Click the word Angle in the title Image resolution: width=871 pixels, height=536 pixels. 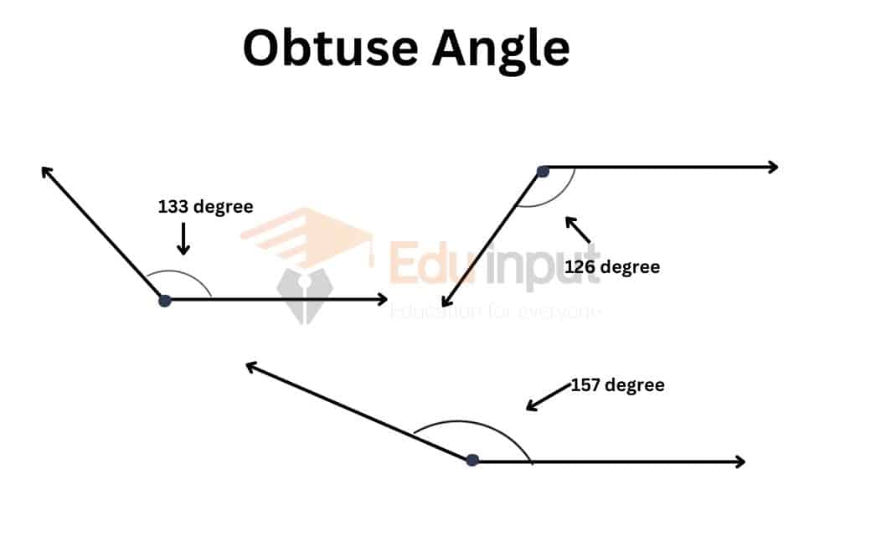(500, 49)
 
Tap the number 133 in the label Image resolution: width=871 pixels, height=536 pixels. (173, 207)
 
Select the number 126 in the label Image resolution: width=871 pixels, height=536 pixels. (580, 267)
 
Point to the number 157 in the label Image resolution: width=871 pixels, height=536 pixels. (585, 385)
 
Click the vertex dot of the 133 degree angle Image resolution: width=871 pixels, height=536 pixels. (165, 300)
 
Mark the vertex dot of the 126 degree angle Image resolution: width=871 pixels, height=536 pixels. (543, 172)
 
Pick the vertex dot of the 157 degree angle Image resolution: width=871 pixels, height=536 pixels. (472, 460)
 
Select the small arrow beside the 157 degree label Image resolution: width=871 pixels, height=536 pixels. (546, 396)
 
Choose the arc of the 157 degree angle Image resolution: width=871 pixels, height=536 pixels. (477, 423)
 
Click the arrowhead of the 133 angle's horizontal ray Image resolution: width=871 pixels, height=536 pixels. (383, 299)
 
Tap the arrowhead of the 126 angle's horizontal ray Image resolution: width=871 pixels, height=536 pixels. (773, 167)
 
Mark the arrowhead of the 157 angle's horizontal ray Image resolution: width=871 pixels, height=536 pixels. (740, 461)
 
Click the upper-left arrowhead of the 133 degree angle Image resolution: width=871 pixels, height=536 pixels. (45, 171)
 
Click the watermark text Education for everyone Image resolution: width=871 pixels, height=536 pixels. (496, 312)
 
